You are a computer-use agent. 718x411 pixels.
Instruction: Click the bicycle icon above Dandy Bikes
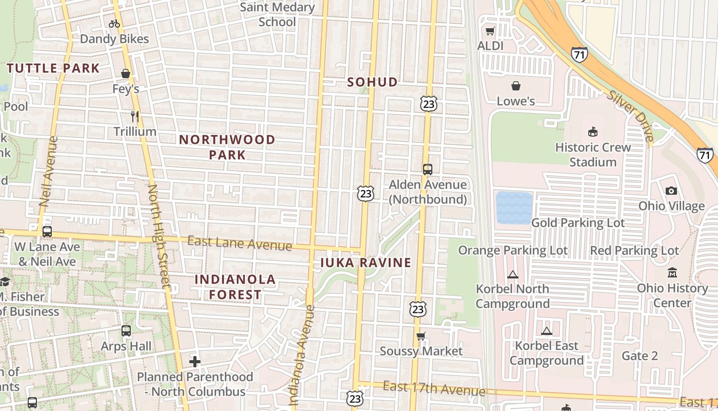[114, 24]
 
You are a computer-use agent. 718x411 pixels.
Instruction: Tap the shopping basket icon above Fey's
[126, 74]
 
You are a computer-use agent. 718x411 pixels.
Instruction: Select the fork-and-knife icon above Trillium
[134, 117]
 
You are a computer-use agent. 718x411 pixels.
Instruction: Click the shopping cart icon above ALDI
[490, 31]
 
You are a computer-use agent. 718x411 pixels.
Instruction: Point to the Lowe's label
[515, 101]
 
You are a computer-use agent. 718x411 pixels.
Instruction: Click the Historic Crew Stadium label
[593, 155]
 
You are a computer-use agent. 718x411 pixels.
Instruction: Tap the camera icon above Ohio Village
[671, 191]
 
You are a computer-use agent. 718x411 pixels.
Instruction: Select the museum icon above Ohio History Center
[672, 273]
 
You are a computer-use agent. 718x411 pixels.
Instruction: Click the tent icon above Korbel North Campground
[512, 274]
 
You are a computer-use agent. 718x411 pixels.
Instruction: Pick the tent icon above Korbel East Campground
[547, 331]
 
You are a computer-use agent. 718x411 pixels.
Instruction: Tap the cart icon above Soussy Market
[421, 337]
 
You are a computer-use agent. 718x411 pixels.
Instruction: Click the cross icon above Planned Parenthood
[195, 362]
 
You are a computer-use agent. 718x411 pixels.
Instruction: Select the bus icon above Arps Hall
[126, 331]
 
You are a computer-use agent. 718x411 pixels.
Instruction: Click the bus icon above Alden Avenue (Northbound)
[428, 169]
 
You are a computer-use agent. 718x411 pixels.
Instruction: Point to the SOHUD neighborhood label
[372, 82]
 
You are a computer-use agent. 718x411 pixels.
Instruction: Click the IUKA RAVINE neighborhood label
[366, 263]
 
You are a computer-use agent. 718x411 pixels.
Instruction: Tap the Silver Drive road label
[630, 116]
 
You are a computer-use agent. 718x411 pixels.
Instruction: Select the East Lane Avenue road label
[240, 243]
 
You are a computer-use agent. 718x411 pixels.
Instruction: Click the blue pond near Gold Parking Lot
[514, 208]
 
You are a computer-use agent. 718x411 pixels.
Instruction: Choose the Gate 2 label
[640, 356]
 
